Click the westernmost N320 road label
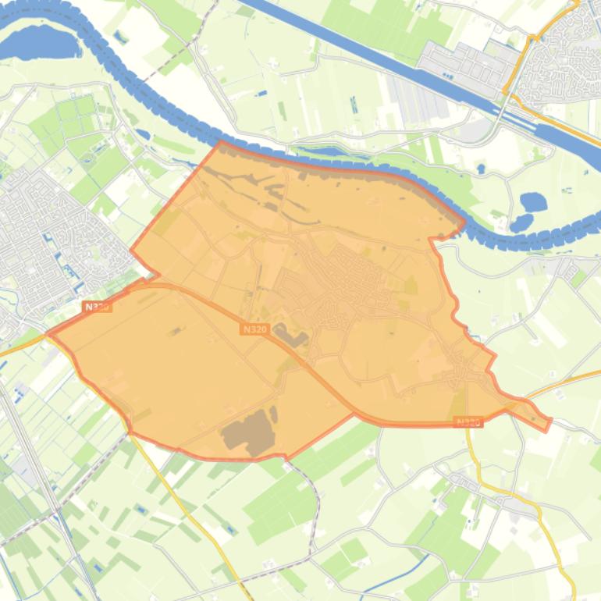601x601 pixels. tap(97, 308)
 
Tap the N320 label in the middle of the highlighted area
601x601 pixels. tap(254, 329)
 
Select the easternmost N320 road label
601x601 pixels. tap(468, 422)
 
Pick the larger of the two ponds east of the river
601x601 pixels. tap(533, 202)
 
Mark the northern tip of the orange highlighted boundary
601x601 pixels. tap(221, 143)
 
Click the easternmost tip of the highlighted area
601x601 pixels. tap(549, 422)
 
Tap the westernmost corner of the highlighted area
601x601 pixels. tap(49, 333)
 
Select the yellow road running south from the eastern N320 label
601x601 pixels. tap(471, 453)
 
